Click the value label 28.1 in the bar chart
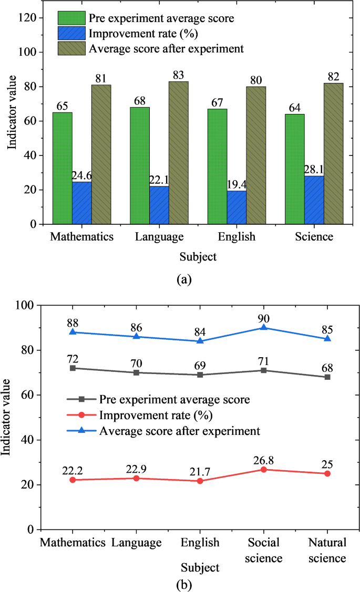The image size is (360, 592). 314,170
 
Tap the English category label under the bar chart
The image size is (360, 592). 236,237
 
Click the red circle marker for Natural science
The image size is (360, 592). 327,473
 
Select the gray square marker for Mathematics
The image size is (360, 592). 73,368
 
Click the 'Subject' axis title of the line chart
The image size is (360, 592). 200,568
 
